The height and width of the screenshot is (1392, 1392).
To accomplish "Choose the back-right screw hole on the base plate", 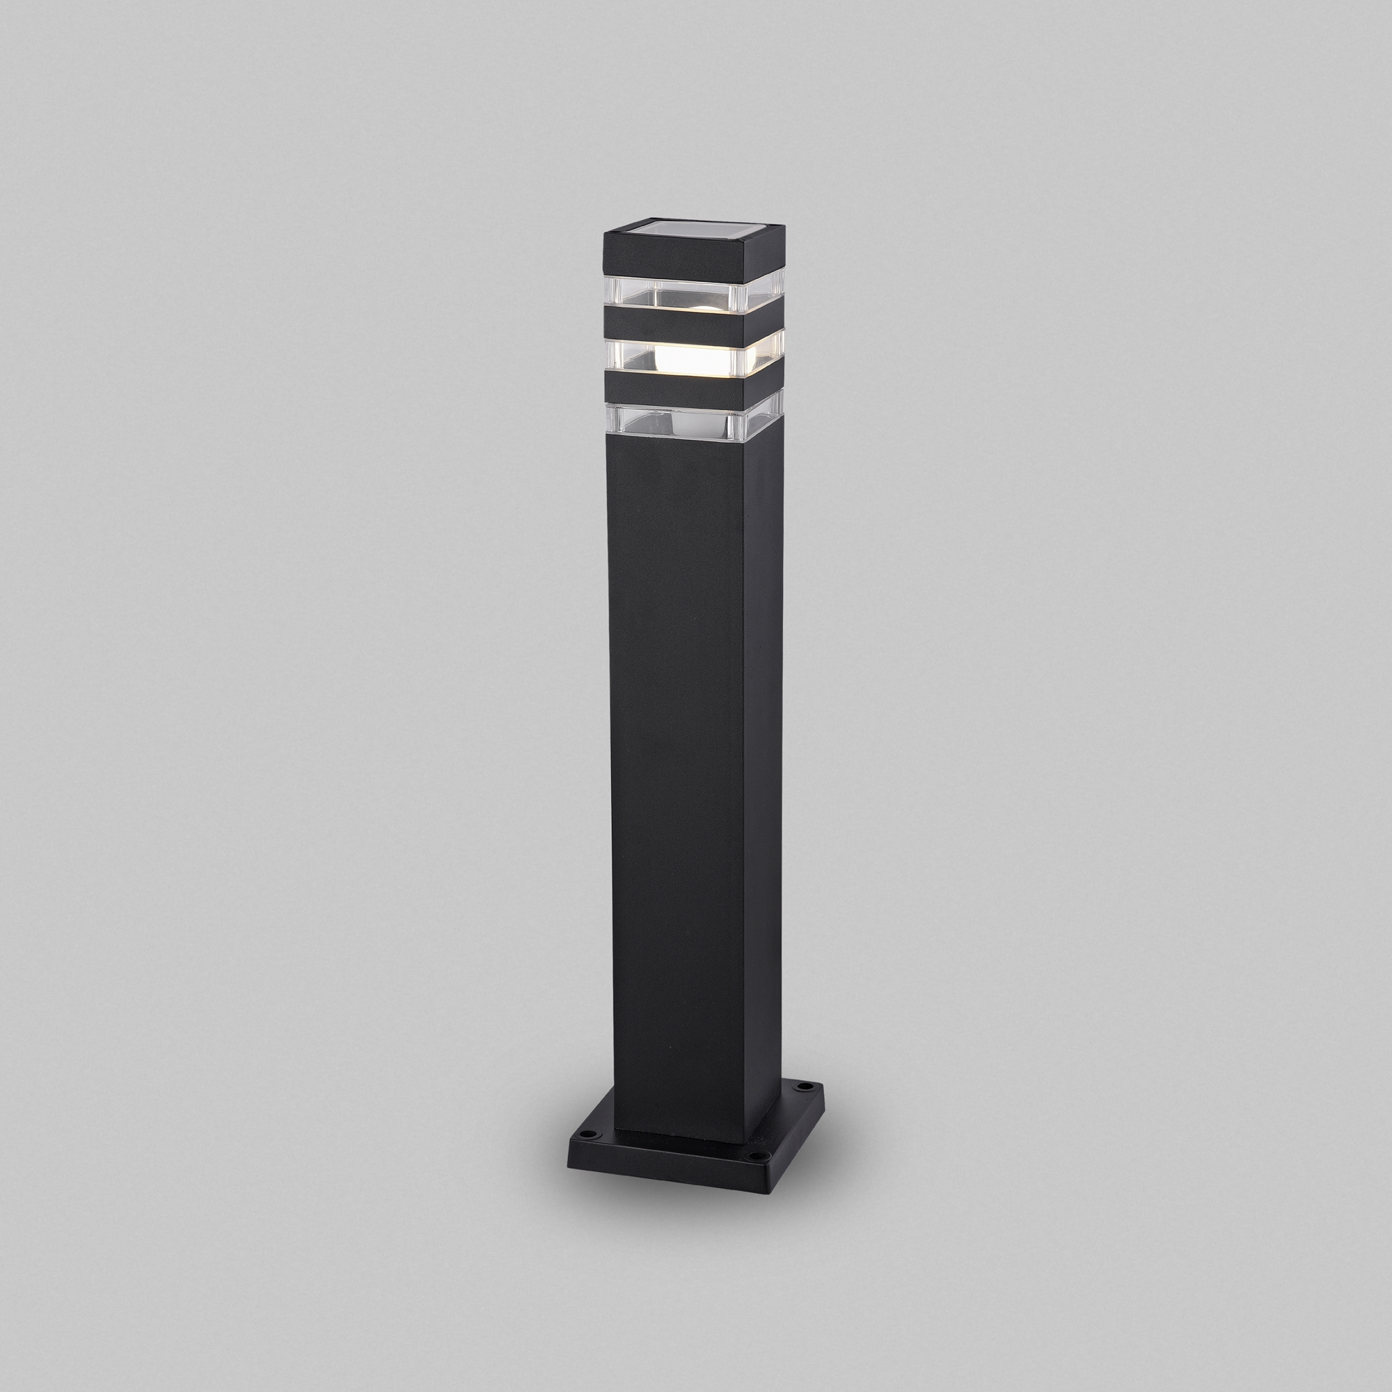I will (802, 1105).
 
